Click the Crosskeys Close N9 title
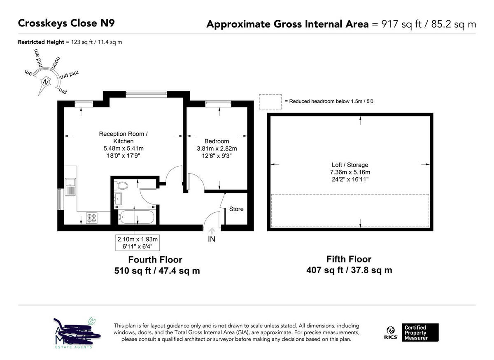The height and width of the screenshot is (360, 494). [66, 23]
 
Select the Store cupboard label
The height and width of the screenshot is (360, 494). [236, 209]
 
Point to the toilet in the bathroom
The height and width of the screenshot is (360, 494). [122, 186]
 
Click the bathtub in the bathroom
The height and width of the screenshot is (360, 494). [136, 216]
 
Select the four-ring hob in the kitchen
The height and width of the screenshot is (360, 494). [91, 218]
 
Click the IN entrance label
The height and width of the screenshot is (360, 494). [211, 239]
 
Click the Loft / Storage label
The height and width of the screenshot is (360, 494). [350, 165]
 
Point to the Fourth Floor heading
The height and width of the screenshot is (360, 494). [155, 260]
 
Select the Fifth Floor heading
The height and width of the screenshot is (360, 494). [349, 259]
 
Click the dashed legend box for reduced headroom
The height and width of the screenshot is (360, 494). [270, 102]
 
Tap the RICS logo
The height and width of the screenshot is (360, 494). [391, 332]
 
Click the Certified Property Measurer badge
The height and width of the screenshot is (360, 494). [419, 332]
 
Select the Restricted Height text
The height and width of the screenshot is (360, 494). [41, 42]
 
